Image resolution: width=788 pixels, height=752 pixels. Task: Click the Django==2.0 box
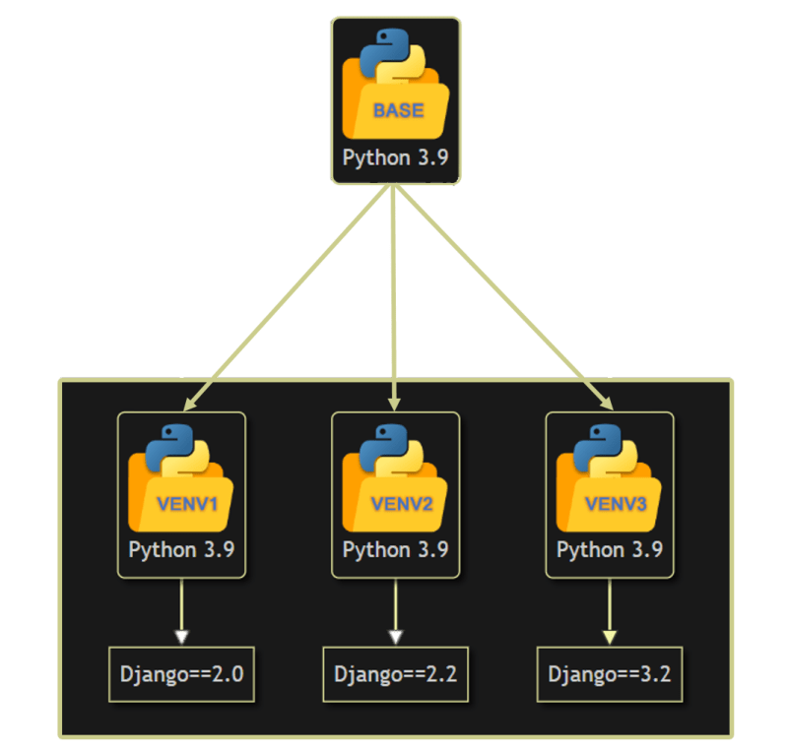(x=181, y=674)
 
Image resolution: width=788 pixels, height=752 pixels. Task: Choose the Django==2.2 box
(x=395, y=674)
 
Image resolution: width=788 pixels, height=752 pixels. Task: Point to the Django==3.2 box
(x=610, y=674)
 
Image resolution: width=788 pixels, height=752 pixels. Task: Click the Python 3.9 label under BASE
(x=395, y=157)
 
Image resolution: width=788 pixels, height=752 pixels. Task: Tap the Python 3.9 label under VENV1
(x=181, y=549)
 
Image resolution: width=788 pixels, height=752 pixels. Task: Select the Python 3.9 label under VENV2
(x=395, y=549)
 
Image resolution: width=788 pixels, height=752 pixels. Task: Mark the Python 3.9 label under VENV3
(x=610, y=549)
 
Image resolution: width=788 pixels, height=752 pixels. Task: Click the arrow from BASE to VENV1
(x=286, y=295)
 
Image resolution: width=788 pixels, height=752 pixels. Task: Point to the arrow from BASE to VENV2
(x=395, y=295)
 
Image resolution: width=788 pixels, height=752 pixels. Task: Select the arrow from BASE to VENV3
(x=502, y=295)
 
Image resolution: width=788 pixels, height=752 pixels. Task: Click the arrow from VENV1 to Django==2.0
(x=181, y=610)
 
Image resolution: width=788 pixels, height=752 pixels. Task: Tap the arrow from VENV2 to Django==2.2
(x=395, y=610)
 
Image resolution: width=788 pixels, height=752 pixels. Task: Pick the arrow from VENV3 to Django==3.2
(x=610, y=610)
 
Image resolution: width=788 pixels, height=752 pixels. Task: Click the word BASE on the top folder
(x=398, y=110)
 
